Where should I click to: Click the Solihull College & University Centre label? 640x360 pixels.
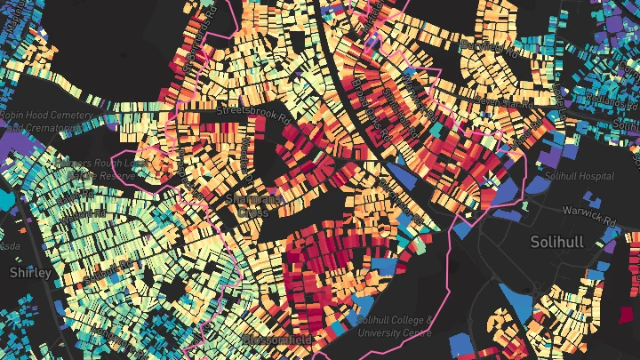coord(394,326)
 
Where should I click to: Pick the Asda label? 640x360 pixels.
coord(10,244)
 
